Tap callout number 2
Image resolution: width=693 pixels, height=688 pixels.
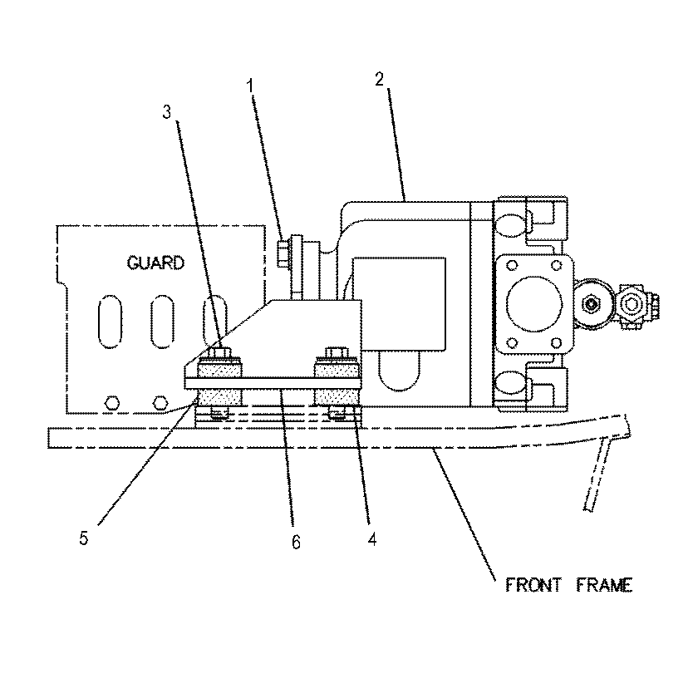click(379, 79)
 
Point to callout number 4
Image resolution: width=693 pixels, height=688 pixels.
click(371, 539)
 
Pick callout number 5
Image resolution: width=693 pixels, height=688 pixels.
click(83, 538)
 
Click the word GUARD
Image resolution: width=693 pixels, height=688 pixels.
click(155, 263)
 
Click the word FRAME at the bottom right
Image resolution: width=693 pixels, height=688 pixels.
click(605, 585)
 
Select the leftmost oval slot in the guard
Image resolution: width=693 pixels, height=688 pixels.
click(109, 320)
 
